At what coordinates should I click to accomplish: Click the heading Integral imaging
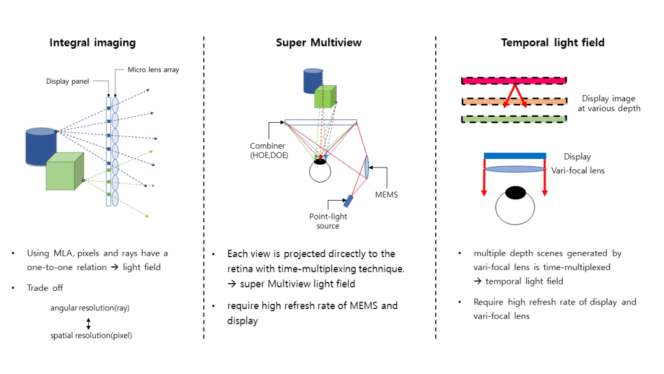click(x=93, y=43)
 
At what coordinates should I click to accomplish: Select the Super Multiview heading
click(x=318, y=43)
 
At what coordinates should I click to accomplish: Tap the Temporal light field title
click(x=552, y=43)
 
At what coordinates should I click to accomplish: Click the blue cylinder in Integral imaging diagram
click(x=40, y=145)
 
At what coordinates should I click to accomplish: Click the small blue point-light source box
click(x=348, y=200)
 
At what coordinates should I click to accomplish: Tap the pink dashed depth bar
click(x=514, y=81)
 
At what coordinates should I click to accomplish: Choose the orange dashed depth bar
click(x=514, y=101)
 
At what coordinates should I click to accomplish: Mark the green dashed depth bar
click(x=514, y=119)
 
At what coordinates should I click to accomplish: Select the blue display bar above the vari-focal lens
click(x=515, y=156)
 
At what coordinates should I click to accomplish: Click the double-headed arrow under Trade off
click(x=89, y=322)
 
